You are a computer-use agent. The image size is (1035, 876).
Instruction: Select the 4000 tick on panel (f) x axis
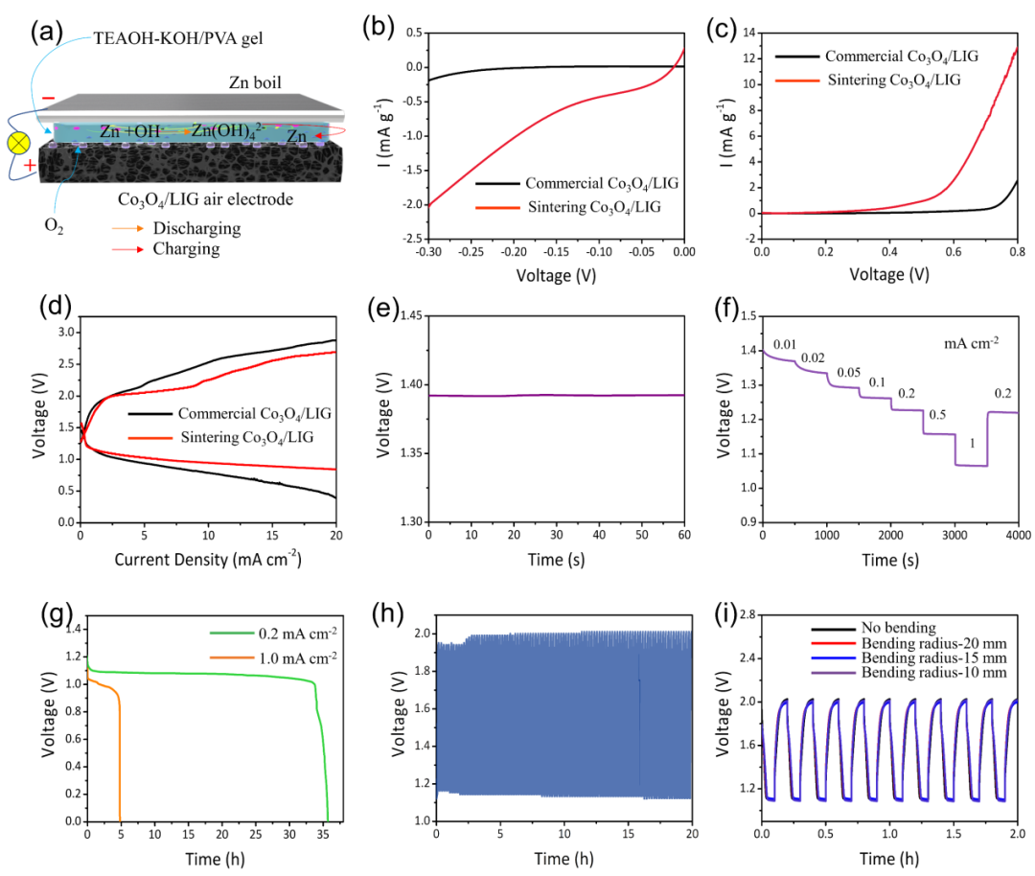click(x=1018, y=533)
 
